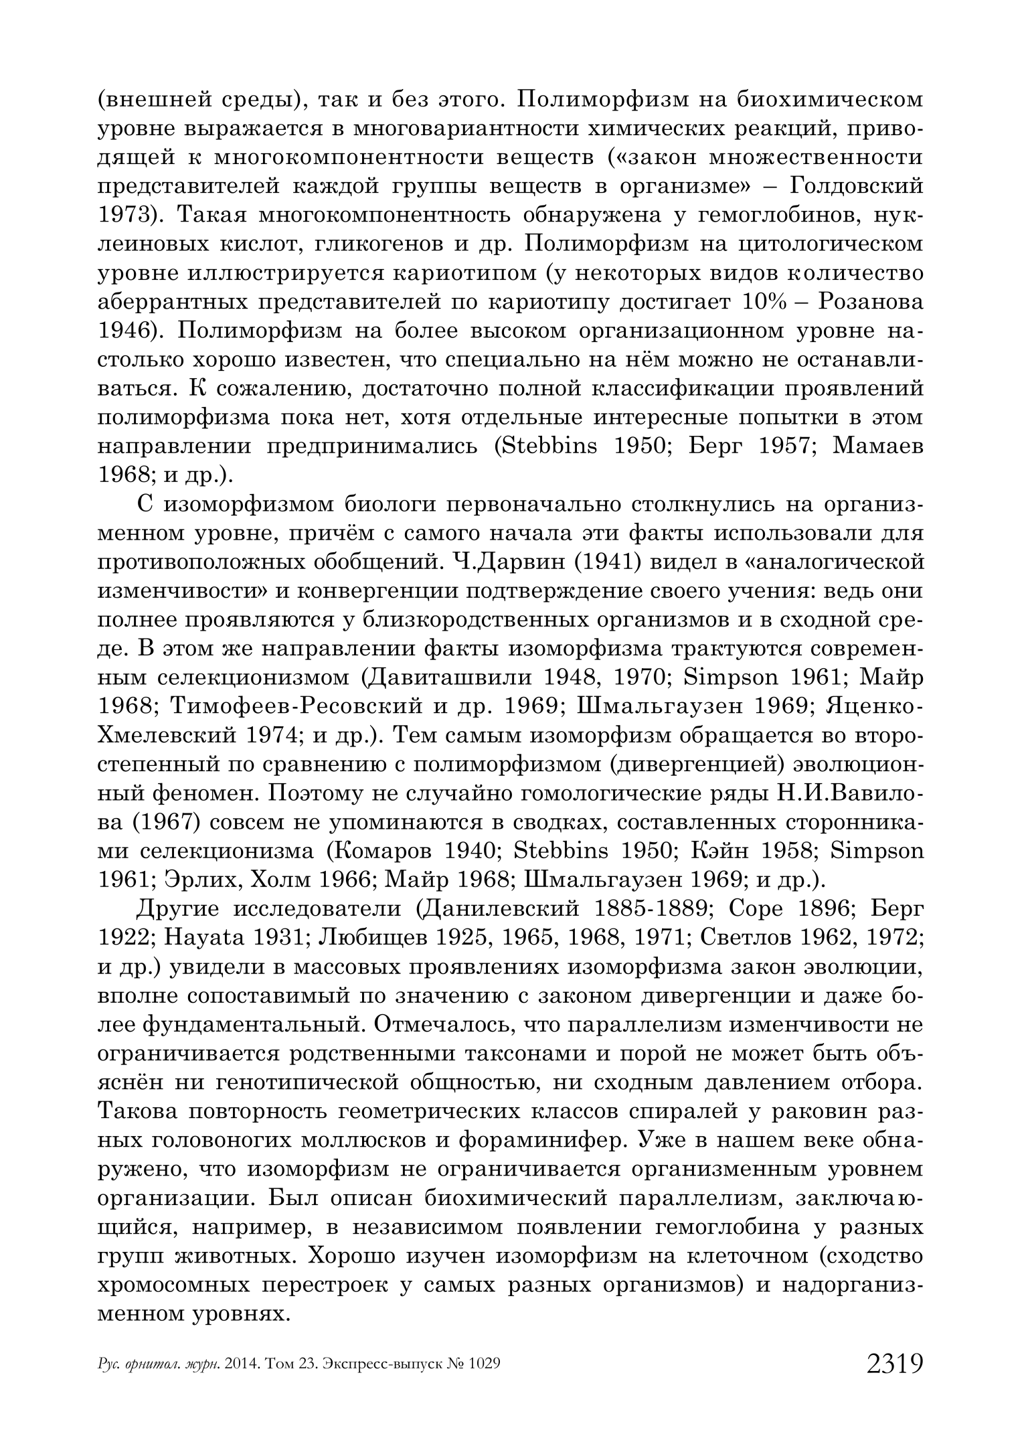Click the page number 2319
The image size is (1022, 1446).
(x=895, y=1364)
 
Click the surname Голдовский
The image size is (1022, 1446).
(x=857, y=185)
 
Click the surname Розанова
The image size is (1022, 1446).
(x=871, y=301)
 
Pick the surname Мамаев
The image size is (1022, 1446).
(x=878, y=446)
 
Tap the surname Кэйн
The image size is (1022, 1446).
(x=723, y=851)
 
